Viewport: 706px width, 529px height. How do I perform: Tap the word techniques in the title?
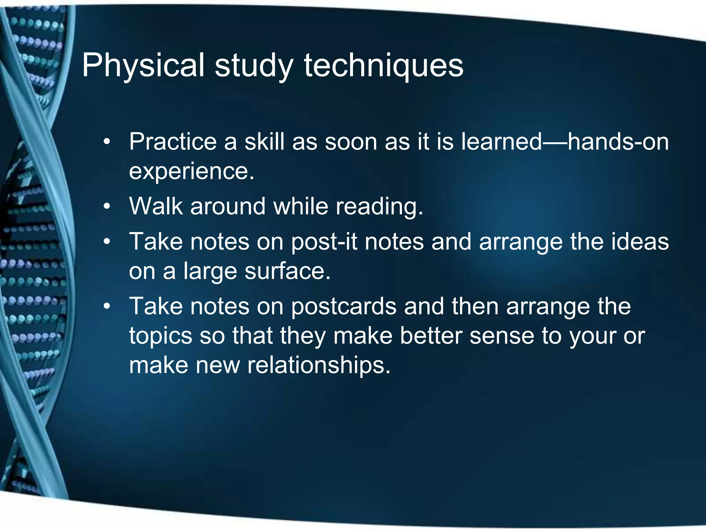tap(383, 65)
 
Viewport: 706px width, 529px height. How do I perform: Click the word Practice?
tap(173, 142)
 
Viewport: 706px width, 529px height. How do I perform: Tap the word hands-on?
tap(618, 142)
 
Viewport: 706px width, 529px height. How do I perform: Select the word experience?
tap(191, 171)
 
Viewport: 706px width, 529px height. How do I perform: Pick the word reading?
tap(379, 206)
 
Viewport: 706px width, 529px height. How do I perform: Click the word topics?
tap(161, 336)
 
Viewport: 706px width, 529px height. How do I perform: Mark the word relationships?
tap(319, 365)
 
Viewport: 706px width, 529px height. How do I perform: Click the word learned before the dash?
tap(502, 142)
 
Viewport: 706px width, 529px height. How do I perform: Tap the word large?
tap(210, 271)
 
